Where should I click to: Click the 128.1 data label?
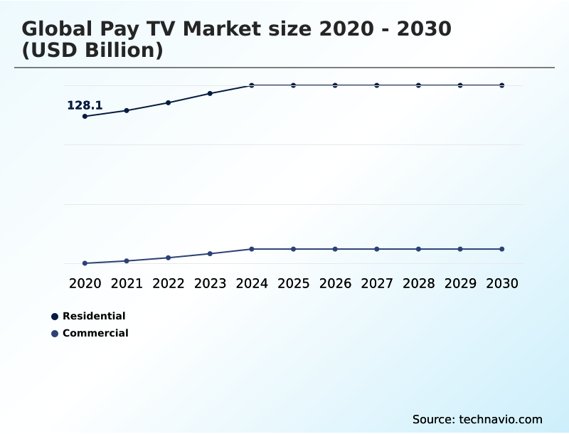[x=85, y=105]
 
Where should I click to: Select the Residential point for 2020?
[x=85, y=116]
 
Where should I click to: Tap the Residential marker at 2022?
[x=169, y=102]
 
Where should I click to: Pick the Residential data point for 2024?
[x=252, y=85]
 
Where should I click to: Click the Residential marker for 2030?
[x=501, y=85]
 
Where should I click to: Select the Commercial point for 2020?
[x=85, y=263]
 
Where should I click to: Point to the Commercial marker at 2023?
[x=210, y=253]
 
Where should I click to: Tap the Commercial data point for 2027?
[x=377, y=249]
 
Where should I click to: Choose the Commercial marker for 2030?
[x=501, y=249]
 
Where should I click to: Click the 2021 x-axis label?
[x=127, y=283]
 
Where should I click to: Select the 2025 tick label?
[x=293, y=283]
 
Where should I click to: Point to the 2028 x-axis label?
[x=418, y=283]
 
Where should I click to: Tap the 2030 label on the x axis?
[x=501, y=283]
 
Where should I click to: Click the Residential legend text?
[x=94, y=316]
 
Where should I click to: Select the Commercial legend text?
[x=95, y=333]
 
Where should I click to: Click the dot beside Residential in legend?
[x=55, y=317]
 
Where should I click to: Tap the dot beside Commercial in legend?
[x=55, y=334]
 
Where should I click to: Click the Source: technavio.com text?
[x=477, y=419]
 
